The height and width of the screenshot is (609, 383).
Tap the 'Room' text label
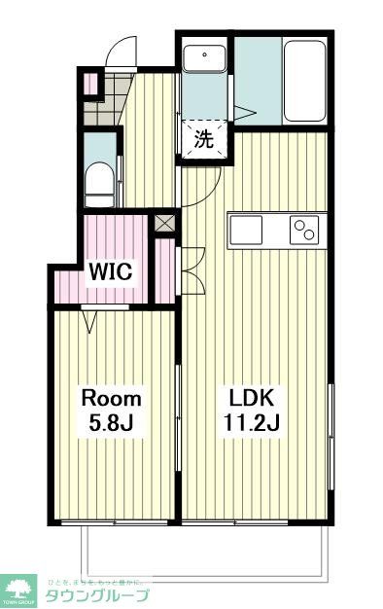[x=111, y=399]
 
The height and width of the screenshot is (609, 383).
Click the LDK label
[x=253, y=399]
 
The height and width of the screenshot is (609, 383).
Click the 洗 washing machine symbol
[x=203, y=139]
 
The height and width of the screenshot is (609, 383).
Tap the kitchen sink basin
[x=246, y=232]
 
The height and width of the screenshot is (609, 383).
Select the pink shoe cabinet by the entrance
[x=89, y=84]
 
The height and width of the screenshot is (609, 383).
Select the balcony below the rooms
[x=204, y=550]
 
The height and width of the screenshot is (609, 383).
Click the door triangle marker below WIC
[x=92, y=317]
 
